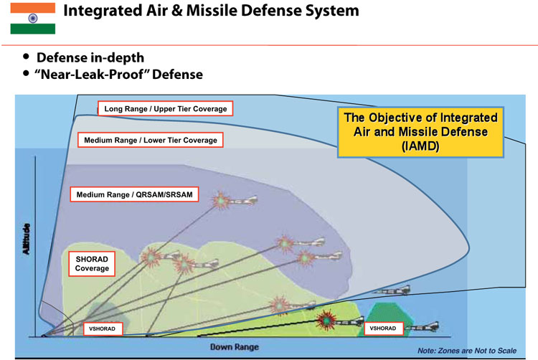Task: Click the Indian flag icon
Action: pos(33,19)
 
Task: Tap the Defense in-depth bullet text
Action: pos(90,57)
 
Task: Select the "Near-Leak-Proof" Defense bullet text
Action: pos(118,75)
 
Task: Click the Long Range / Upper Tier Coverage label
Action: pos(166,109)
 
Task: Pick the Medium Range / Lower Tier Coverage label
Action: pos(151,140)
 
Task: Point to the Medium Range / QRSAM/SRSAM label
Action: pos(135,194)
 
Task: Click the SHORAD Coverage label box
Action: pos(92,264)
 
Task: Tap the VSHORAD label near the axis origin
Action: pos(103,328)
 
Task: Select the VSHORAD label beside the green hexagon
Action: pos(383,328)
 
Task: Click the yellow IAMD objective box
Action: pos(420,133)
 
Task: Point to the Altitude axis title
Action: pos(26,239)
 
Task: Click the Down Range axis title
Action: pos(235,347)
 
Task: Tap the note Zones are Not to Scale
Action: pos(467,351)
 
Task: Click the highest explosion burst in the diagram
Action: pos(221,201)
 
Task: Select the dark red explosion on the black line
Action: pos(326,320)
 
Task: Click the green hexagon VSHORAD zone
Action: pos(384,319)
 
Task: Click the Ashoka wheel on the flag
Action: pos(33,19)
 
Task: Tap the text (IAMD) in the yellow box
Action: pos(420,146)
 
